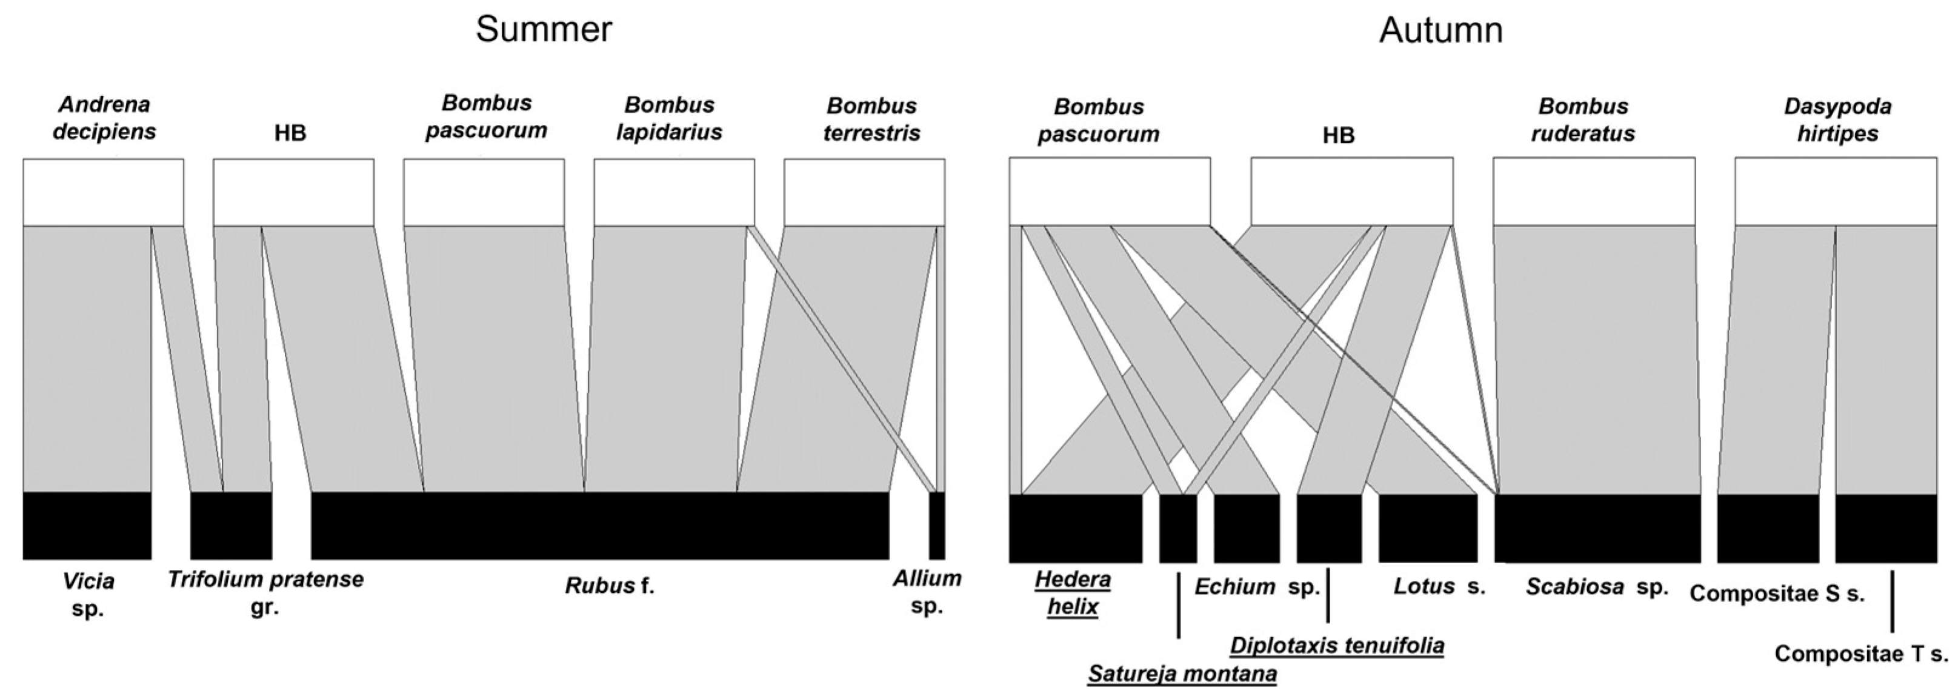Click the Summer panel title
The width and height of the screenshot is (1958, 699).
[544, 30]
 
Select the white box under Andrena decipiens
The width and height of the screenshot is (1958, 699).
[104, 192]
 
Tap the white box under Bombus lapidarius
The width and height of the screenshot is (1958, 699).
[674, 192]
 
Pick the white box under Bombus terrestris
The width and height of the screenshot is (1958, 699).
[864, 192]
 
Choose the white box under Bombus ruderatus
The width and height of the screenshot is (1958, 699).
[1594, 191]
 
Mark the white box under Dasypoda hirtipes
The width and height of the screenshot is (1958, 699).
[1836, 191]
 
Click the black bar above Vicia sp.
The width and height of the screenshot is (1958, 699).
[87, 526]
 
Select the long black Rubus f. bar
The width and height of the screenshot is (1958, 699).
[600, 526]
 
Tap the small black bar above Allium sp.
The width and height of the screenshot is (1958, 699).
[937, 526]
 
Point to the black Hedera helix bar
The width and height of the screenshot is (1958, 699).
[1076, 528]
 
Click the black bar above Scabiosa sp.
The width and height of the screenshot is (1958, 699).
[1597, 528]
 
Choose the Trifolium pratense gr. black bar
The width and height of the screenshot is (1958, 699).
[231, 526]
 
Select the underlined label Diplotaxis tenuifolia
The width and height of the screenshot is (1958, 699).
[1337, 646]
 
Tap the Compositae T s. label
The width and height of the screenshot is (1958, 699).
[1862, 654]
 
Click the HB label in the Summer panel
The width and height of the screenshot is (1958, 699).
[290, 133]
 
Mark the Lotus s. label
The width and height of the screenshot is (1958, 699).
[1439, 586]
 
